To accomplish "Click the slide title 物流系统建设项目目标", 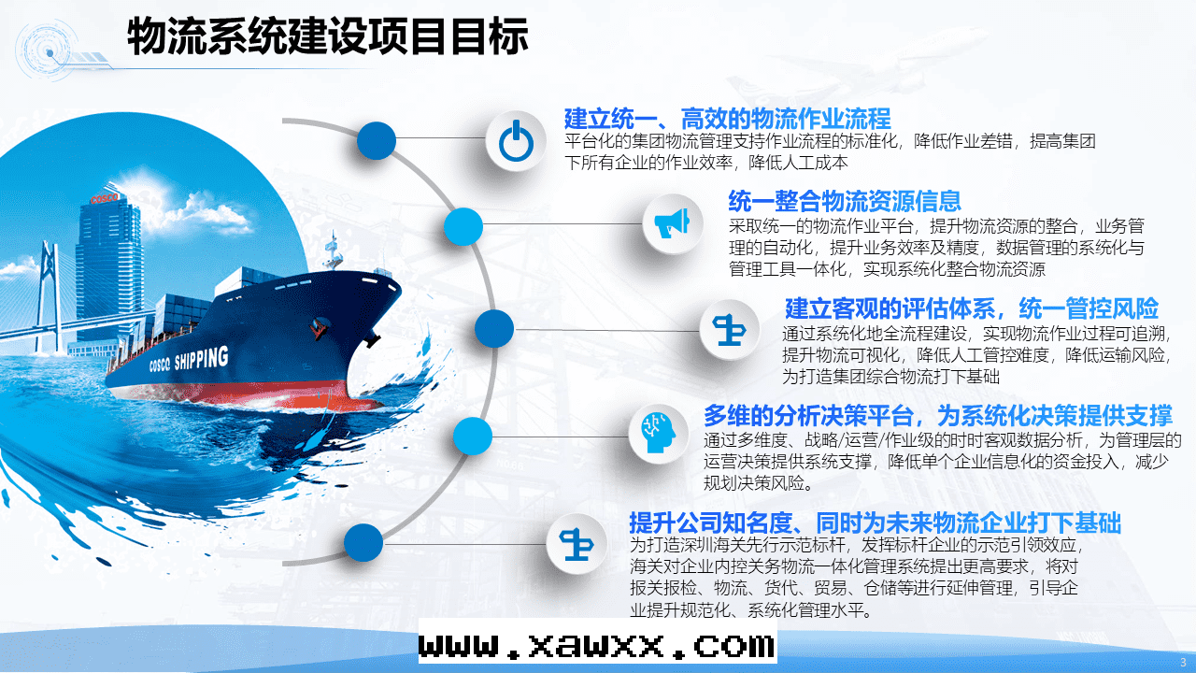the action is pyautogui.click(x=327, y=36).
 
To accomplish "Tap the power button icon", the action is pyautogui.click(x=516, y=141).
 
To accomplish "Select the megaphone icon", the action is pyautogui.click(x=672, y=223).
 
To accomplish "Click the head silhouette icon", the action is pyautogui.click(x=658, y=433).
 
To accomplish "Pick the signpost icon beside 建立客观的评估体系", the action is pyautogui.click(x=730, y=330).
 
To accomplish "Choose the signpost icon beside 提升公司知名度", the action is pyautogui.click(x=577, y=544).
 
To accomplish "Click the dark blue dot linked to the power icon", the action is pyautogui.click(x=377, y=140).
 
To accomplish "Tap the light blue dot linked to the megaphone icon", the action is pyautogui.click(x=463, y=226).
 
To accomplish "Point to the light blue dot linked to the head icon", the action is pyautogui.click(x=473, y=436).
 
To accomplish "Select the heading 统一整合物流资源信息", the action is pyautogui.click(x=845, y=201).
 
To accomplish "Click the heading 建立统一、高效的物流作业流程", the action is pyautogui.click(x=727, y=118).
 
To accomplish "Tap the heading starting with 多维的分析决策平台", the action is pyautogui.click(x=937, y=415).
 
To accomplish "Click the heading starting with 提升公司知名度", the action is pyautogui.click(x=875, y=523).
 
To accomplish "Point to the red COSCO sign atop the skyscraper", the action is pyautogui.click(x=104, y=198).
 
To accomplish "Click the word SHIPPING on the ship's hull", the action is pyautogui.click(x=201, y=358).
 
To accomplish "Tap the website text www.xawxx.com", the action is pyautogui.click(x=597, y=646).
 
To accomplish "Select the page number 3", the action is pyautogui.click(x=1183, y=663).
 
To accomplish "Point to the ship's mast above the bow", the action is pyautogui.click(x=334, y=250).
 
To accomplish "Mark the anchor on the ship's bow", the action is pyautogui.click(x=371, y=337).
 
